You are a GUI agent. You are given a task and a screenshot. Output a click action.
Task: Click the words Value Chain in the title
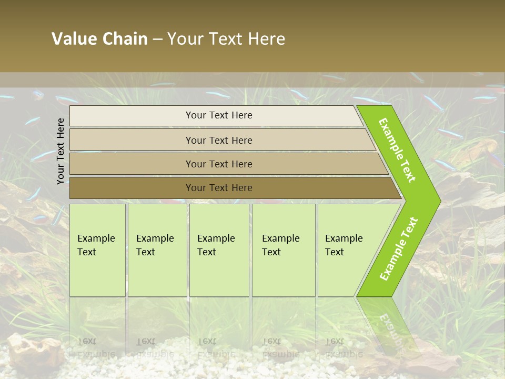[99, 39]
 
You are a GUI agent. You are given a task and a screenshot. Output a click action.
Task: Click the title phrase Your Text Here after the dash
[226, 39]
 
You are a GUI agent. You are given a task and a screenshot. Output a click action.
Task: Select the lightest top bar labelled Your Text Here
[218, 115]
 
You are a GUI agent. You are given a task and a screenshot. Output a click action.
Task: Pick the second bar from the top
[218, 140]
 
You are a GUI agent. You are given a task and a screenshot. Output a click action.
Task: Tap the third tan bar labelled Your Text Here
[218, 164]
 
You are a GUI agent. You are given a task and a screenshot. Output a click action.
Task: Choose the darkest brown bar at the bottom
[218, 188]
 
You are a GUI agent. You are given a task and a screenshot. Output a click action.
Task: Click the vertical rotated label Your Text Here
[60, 151]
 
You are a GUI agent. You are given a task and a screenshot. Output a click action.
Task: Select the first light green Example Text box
[97, 250]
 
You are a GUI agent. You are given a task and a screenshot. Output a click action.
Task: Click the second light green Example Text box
[157, 250]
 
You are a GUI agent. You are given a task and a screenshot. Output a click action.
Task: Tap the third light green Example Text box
[219, 250]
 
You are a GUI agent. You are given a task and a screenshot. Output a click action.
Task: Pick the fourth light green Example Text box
[284, 250]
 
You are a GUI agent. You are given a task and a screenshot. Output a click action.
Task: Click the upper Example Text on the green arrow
[397, 150]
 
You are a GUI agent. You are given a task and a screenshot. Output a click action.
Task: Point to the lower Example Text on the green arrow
[399, 249]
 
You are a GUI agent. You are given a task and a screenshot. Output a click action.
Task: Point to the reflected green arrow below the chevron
[387, 324]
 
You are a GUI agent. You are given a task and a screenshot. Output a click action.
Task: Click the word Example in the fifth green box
[344, 238]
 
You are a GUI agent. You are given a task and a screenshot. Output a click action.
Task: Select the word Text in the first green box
[87, 252]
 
